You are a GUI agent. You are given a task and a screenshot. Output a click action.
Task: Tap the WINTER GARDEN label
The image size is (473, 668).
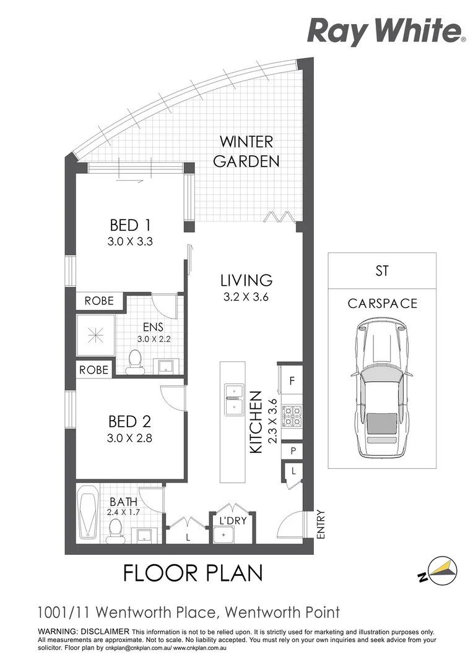(x=246, y=152)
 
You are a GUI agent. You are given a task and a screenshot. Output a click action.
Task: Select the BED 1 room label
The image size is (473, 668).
(x=130, y=225)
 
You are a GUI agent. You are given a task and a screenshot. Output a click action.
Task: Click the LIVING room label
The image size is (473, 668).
(x=246, y=280)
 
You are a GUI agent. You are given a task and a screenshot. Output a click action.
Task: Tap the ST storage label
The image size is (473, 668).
(x=381, y=271)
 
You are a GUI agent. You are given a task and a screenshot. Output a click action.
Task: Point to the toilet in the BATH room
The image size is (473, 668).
(x=115, y=529)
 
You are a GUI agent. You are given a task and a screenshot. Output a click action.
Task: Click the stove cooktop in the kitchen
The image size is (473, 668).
(x=292, y=416)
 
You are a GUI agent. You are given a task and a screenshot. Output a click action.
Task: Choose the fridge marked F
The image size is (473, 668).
(x=291, y=381)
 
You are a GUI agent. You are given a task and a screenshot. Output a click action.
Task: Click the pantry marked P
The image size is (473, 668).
(x=292, y=452)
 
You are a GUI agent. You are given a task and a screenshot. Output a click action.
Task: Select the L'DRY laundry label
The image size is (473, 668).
(x=232, y=521)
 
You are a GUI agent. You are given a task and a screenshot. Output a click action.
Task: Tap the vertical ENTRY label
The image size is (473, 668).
(x=320, y=524)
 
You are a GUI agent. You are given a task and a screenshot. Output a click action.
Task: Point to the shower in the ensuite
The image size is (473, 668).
(x=96, y=336)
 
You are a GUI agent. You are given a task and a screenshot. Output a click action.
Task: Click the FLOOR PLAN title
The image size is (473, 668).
(x=193, y=572)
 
